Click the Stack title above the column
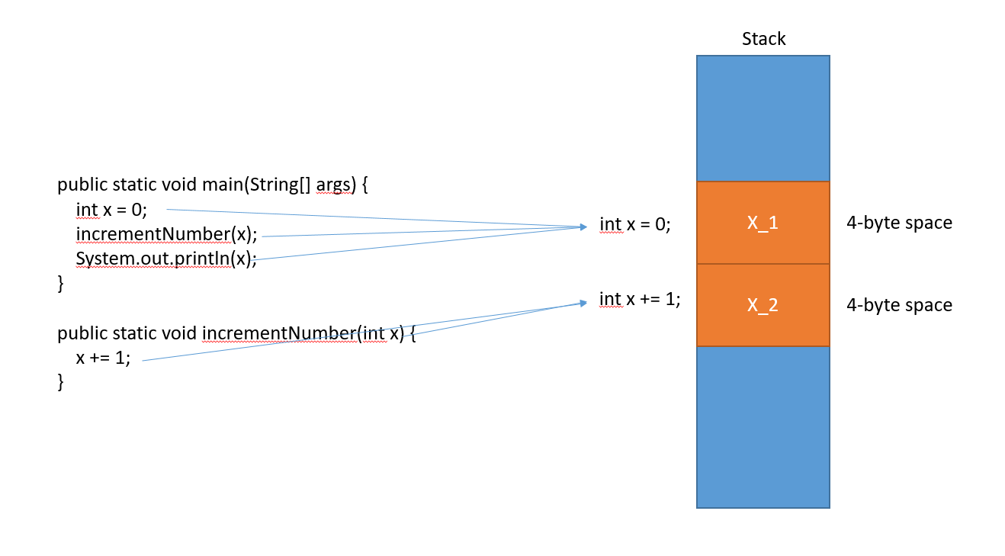763,39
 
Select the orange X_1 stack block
763,223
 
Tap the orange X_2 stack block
763,305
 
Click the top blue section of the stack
763,118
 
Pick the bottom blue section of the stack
763,427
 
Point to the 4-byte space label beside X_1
899,223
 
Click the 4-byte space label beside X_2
899,305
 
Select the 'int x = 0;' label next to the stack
635,224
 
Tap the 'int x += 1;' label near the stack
640,299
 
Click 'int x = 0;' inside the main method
111,209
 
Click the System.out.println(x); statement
165,259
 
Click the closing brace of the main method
61,284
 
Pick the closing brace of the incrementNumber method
61,382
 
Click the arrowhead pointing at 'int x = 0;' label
583,227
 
